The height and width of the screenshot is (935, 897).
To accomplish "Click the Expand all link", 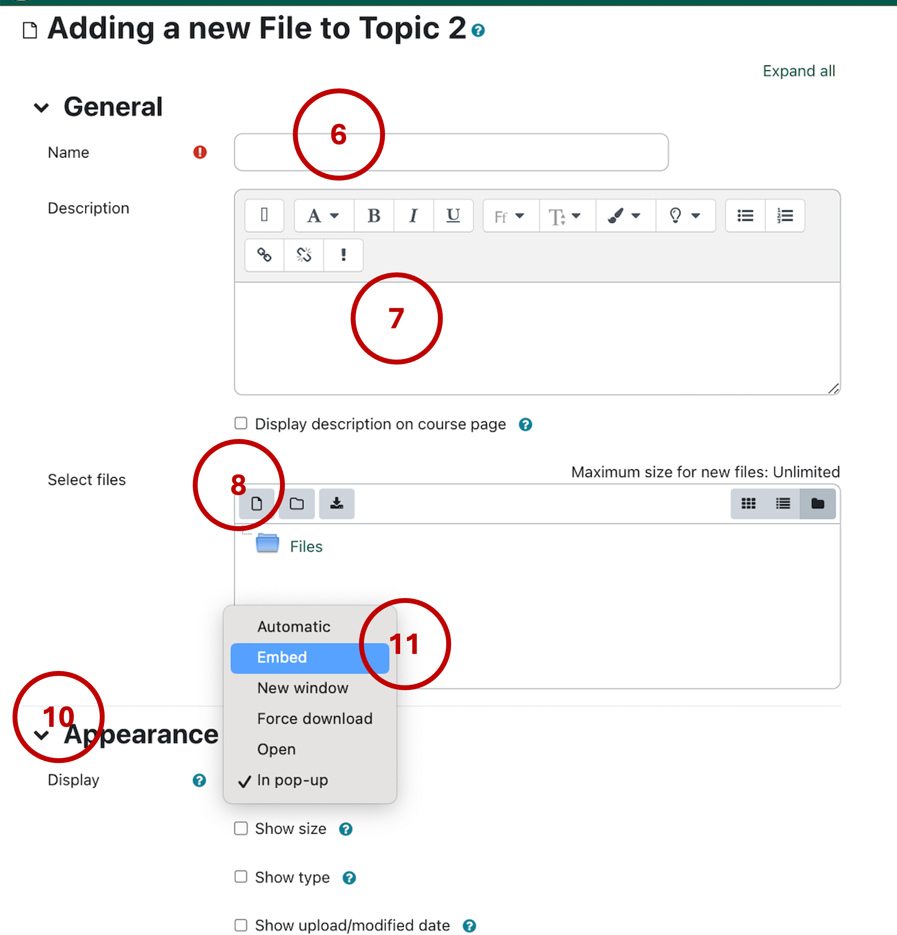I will click(x=799, y=71).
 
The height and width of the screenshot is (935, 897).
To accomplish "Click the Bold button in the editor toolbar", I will click(x=374, y=216).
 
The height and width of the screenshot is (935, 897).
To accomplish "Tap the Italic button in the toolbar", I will click(x=413, y=216).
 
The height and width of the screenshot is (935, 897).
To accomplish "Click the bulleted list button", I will click(x=745, y=216).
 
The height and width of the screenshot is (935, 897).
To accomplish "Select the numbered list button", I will click(x=784, y=216).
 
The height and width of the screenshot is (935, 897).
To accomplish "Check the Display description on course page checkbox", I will click(x=241, y=423).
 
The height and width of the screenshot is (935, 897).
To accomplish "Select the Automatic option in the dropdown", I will click(x=294, y=627).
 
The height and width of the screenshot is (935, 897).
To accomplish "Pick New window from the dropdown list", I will click(x=303, y=688).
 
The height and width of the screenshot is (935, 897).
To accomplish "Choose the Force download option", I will click(x=314, y=719).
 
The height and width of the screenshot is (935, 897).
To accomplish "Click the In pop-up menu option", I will click(x=292, y=780).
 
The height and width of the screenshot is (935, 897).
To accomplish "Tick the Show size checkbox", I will click(x=241, y=828).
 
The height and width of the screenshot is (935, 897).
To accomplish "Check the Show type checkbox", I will click(x=241, y=877).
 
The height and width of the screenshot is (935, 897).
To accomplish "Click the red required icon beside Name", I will click(x=200, y=152).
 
